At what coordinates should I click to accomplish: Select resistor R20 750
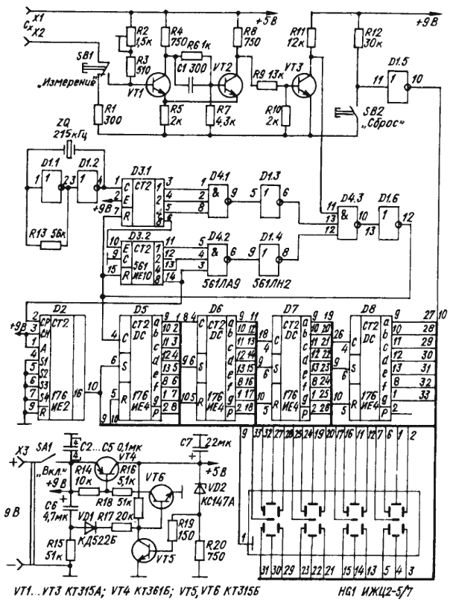(x=200, y=552)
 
